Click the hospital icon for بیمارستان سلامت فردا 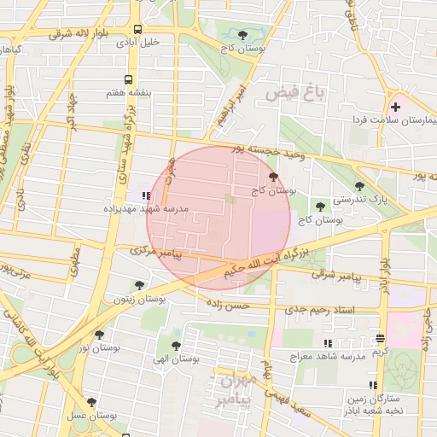(395, 107)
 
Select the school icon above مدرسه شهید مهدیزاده (148, 195)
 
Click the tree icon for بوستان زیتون (139, 285)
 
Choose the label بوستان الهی (176, 359)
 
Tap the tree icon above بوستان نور (100, 335)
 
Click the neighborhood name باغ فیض (284, 92)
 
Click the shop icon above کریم (380, 338)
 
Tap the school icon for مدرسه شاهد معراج (329, 342)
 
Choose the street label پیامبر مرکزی (154, 252)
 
